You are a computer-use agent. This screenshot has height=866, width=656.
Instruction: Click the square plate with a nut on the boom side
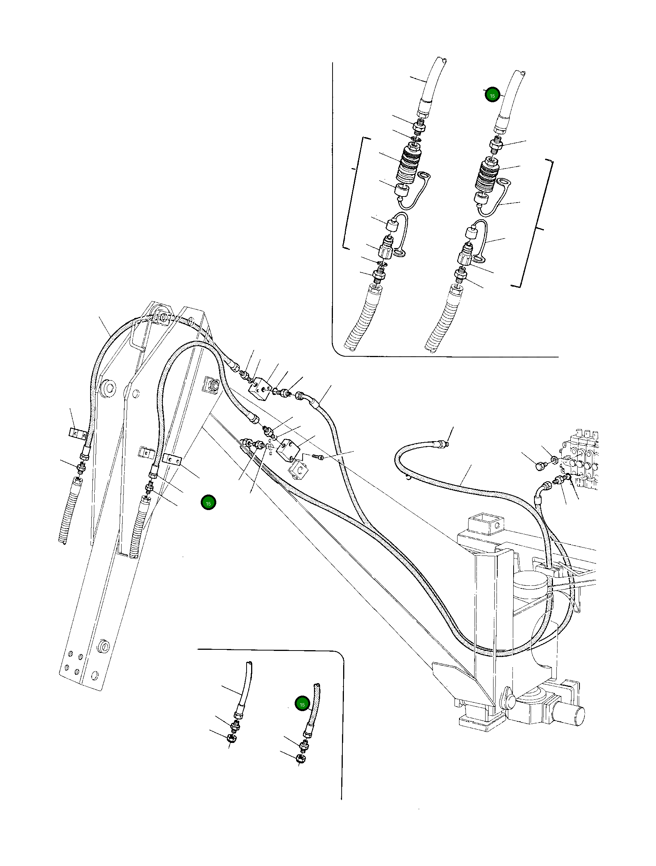pos(212,385)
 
